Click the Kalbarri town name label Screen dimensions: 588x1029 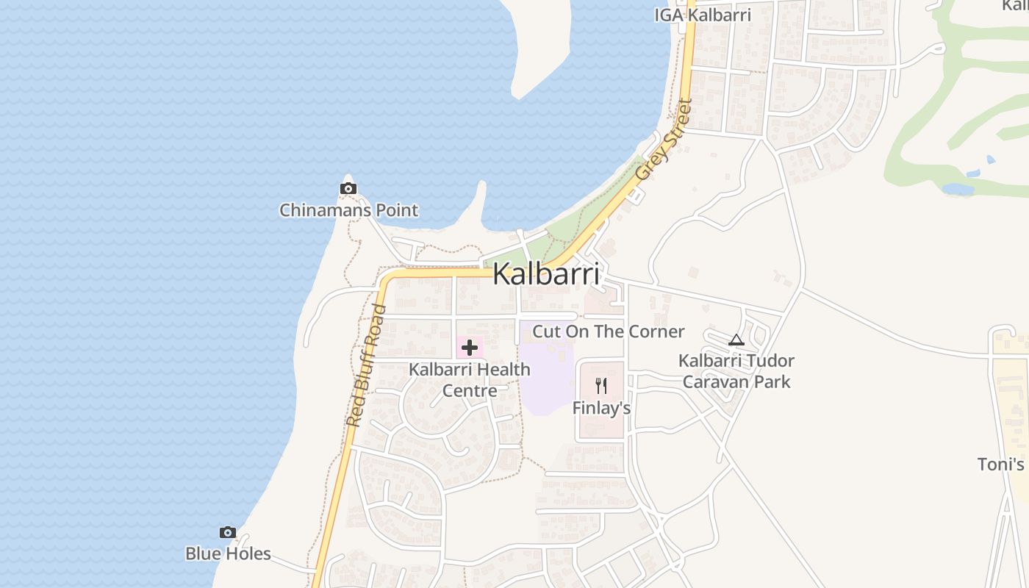[x=545, y=274]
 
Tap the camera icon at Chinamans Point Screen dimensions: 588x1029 [x=348, y=189]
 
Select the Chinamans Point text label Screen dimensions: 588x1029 [x=348, y=210]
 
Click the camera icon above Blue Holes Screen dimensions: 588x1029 [x=228, y=532]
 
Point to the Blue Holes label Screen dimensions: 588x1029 [x=228, y=554]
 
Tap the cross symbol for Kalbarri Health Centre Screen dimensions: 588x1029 [x=469, y=348]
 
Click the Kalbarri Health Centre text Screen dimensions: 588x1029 [x=469, y=379]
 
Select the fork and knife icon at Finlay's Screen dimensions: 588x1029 [x=601, y=386]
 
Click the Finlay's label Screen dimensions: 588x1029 [x=601, y=409]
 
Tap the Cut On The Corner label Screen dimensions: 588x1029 [x=608, y=331]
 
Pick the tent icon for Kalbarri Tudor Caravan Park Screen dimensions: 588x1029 [x=736, y=340]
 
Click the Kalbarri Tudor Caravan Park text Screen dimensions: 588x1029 [x=736, y=371]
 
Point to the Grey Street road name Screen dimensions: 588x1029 [x=664, y=140]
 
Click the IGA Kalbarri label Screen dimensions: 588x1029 [x=703, y=15]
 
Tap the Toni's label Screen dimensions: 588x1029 [x=1001, y=465]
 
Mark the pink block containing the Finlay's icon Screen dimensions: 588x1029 [x=601, y=426]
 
